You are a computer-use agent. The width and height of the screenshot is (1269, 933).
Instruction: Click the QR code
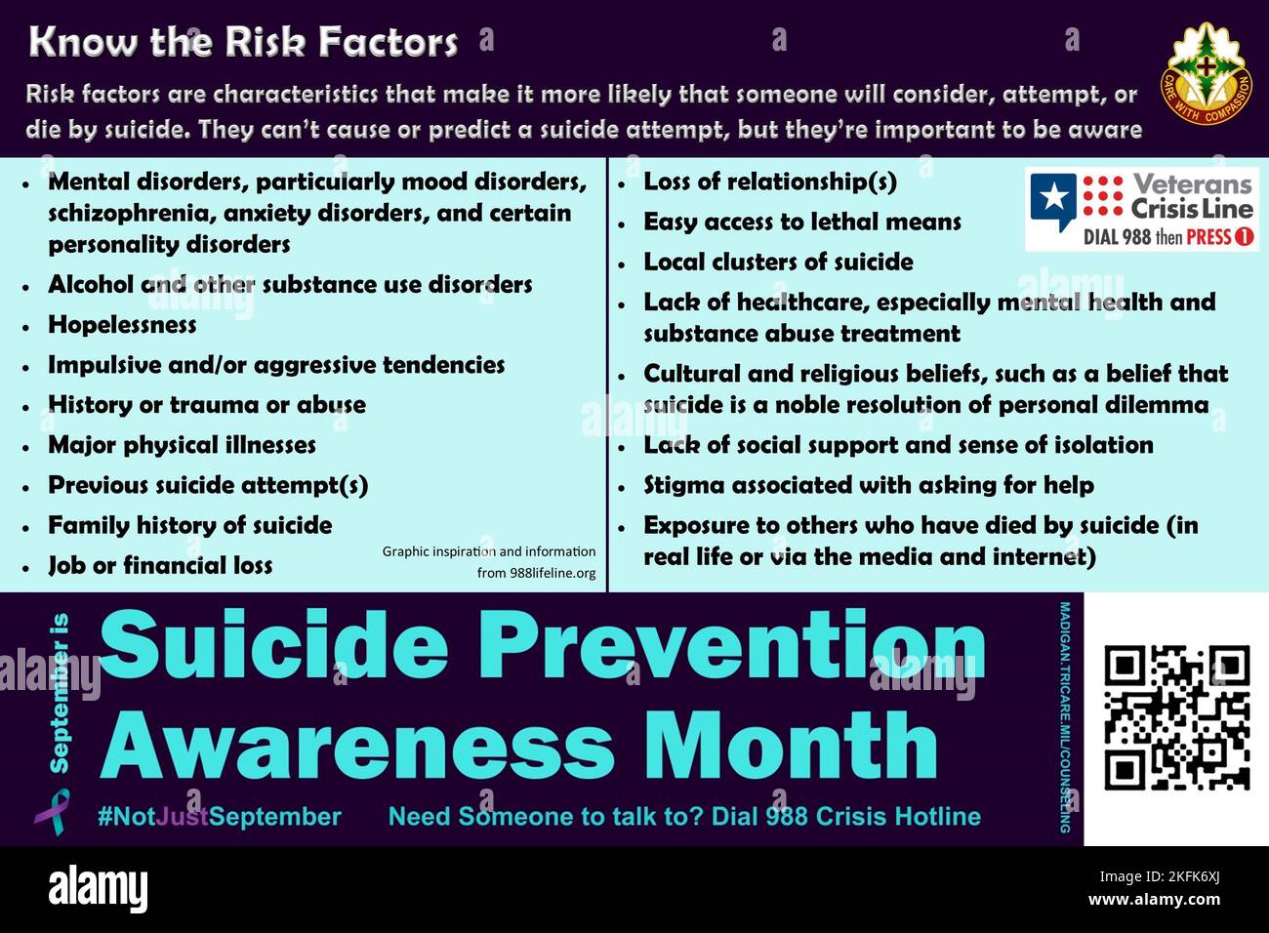coord(1176,718)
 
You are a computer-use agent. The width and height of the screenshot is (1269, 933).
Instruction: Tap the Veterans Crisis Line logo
coord(1141,210)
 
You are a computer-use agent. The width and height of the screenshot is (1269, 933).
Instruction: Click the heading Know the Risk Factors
coord(243,42)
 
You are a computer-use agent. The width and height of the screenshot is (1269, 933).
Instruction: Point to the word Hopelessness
coord(122,325)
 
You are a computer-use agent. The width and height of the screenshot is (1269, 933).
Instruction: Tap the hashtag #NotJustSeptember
coord(219,817)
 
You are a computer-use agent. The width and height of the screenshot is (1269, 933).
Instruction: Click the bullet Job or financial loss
coord(160,565)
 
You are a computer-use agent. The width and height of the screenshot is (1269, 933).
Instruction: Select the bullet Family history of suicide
coord(189,525)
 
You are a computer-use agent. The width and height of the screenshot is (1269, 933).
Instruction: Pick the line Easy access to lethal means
coord(801,223)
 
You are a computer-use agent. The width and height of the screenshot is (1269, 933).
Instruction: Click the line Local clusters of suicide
coord(778,263)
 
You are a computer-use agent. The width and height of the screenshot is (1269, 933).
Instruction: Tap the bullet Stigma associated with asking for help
coord(868,485)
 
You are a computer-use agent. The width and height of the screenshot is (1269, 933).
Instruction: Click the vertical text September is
coord(61,692)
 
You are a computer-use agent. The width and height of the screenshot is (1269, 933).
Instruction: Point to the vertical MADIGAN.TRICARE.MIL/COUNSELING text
coord(1065,717)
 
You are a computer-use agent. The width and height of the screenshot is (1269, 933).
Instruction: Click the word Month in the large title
coord(791,747)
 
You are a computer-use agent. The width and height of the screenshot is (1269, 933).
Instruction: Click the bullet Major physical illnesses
coord(182,445)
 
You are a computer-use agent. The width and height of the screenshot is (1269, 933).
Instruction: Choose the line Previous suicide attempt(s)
coord(207,485)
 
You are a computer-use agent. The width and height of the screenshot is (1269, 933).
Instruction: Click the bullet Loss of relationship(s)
coord(769,182)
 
